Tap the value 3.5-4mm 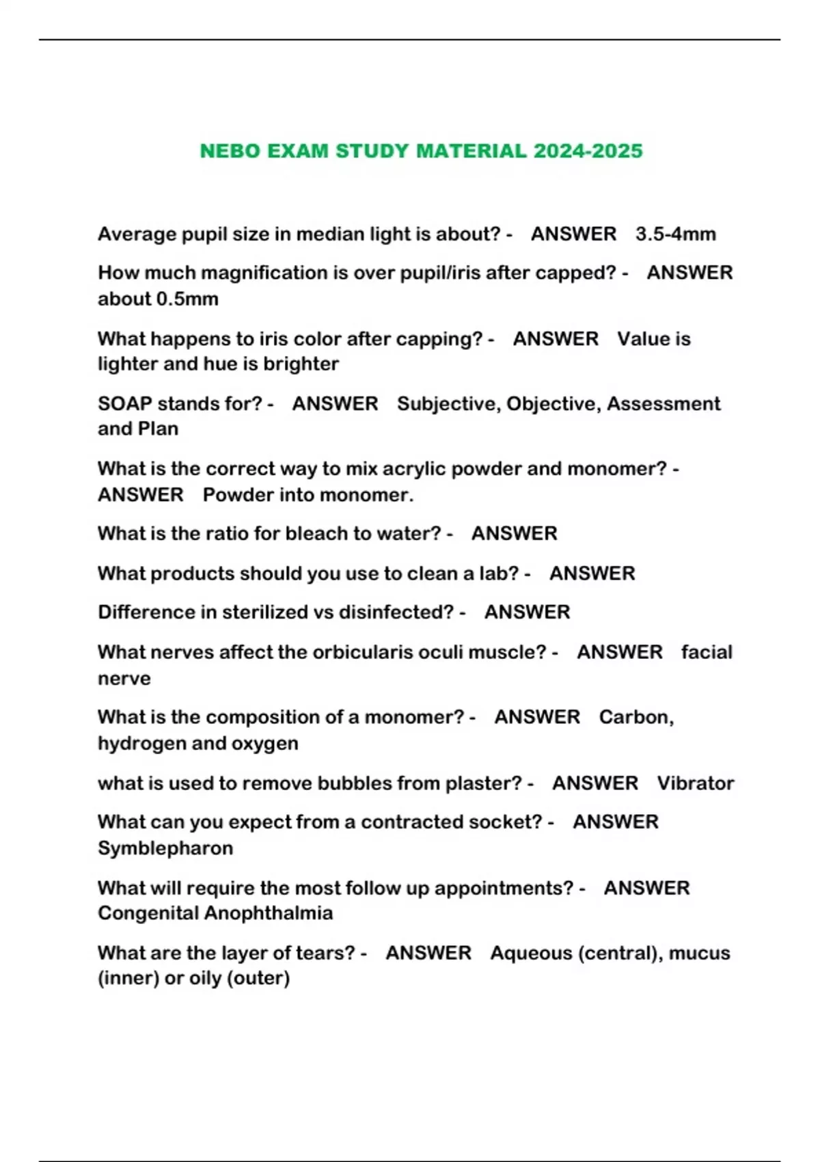pos(675,234)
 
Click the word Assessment pos(664,404)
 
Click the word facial pos(707,652)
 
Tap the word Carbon pos(636,717)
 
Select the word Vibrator pos(696,783)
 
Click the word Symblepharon pos(165,848)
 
